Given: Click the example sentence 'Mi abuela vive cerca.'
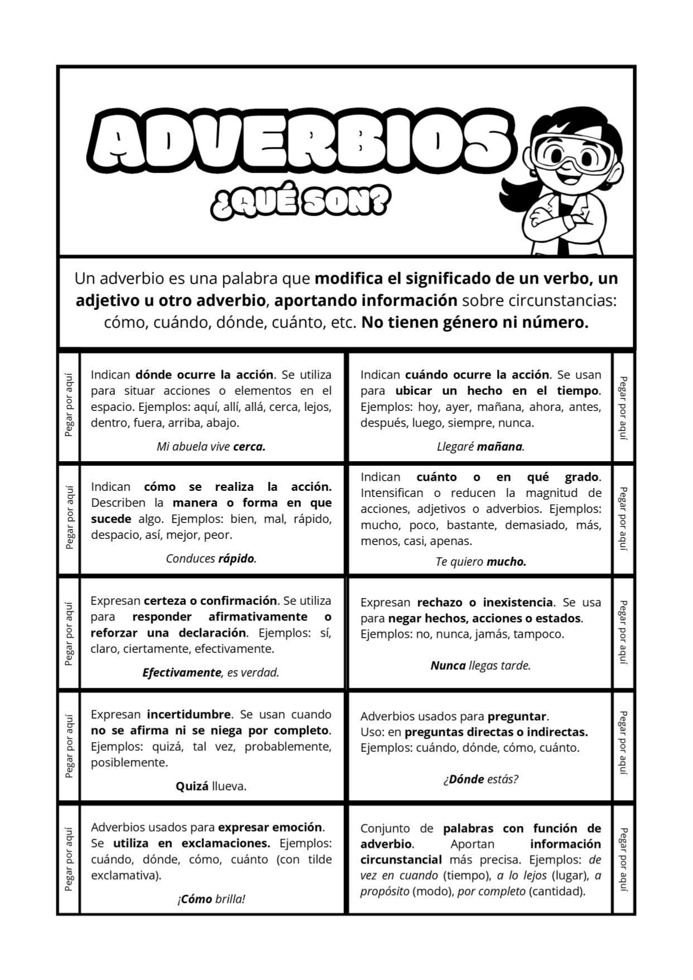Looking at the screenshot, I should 211,447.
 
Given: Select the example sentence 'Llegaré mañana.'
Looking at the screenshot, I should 480,447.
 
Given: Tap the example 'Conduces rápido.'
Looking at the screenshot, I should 211,558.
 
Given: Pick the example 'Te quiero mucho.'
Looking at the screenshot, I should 481,562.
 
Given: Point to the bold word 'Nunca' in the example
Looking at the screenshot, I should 448,666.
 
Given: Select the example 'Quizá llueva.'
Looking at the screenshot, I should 211,786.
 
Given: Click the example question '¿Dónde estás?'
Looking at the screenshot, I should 481,779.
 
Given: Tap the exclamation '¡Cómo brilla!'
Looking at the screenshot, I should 211,899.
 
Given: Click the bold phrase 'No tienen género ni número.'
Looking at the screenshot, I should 475,323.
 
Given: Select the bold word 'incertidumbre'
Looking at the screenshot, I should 189,714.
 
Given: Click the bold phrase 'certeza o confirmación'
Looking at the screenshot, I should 210,601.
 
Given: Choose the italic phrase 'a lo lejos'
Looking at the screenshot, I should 522,876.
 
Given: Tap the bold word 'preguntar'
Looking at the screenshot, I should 517,716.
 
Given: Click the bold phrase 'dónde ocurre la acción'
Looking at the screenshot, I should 204,375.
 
